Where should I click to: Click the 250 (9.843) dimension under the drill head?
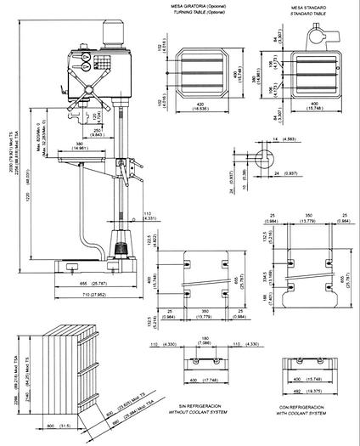tap(96, 132)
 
